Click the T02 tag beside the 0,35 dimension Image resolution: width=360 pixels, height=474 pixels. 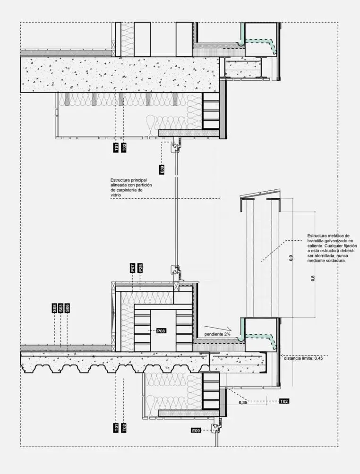(284, 401)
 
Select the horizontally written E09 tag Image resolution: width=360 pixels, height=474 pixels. (197, 431)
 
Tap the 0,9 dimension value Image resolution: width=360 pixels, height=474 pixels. (291, 258)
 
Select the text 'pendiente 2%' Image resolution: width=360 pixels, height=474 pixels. (217, 334)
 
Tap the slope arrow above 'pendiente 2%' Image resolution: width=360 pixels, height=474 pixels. (217, 327)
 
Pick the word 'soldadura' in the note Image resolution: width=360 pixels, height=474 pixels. (333, 261)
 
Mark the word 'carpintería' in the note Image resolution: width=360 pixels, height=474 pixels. (145, 190)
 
